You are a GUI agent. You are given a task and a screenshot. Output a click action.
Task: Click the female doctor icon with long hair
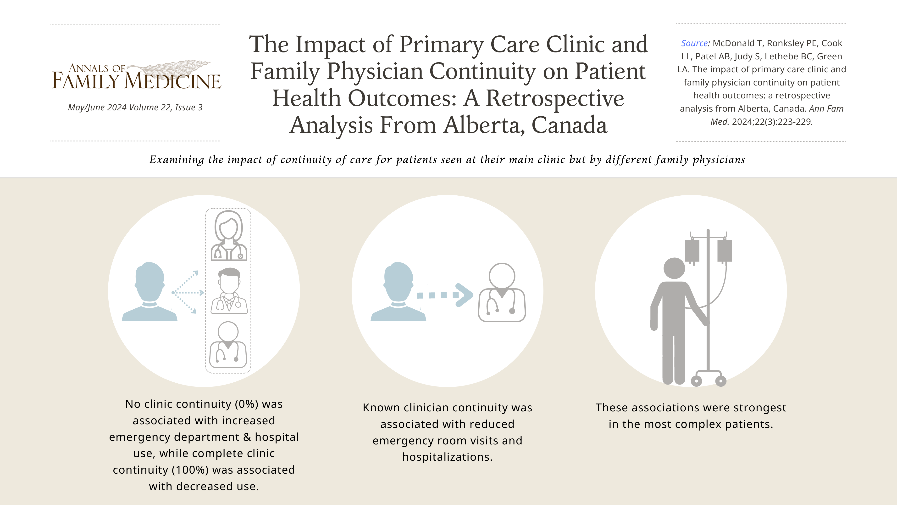pyautogui.click(x=229, y=236)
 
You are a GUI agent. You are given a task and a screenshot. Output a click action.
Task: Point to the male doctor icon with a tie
pyautogui.click(x=229, y=291)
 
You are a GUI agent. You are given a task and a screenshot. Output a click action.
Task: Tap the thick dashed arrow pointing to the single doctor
pyautogui.click(x=445, y=295)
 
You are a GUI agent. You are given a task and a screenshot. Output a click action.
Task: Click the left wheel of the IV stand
pyautogui.click(x=696, y=381)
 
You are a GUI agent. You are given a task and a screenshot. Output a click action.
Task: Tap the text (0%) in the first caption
pyautogui.click(x=247, y=404)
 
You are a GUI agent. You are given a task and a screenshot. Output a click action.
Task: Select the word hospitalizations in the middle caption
pyautogui.click(x=448, y=457)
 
